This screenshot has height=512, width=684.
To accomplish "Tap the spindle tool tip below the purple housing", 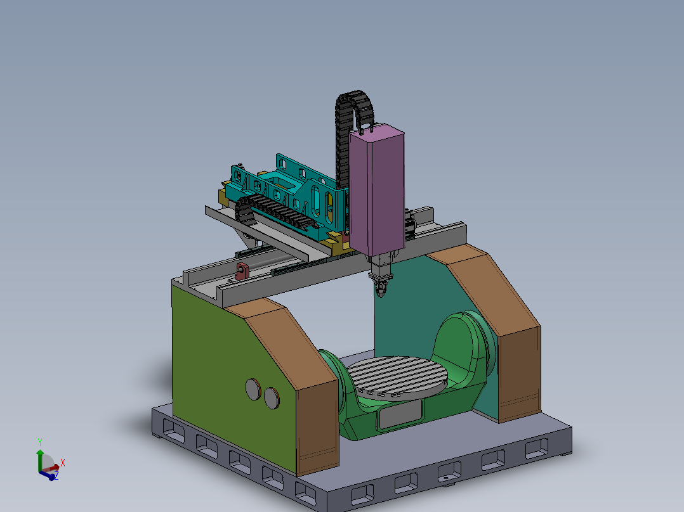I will (380, 290).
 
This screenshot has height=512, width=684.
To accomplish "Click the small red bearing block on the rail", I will (241, 271).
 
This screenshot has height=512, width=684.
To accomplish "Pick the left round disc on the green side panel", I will (254, 388).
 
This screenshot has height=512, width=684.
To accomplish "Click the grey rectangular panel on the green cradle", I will (399, 415).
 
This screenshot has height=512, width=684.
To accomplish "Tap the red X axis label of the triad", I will (63, 462).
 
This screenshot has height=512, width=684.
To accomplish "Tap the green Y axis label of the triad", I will (39, 440).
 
